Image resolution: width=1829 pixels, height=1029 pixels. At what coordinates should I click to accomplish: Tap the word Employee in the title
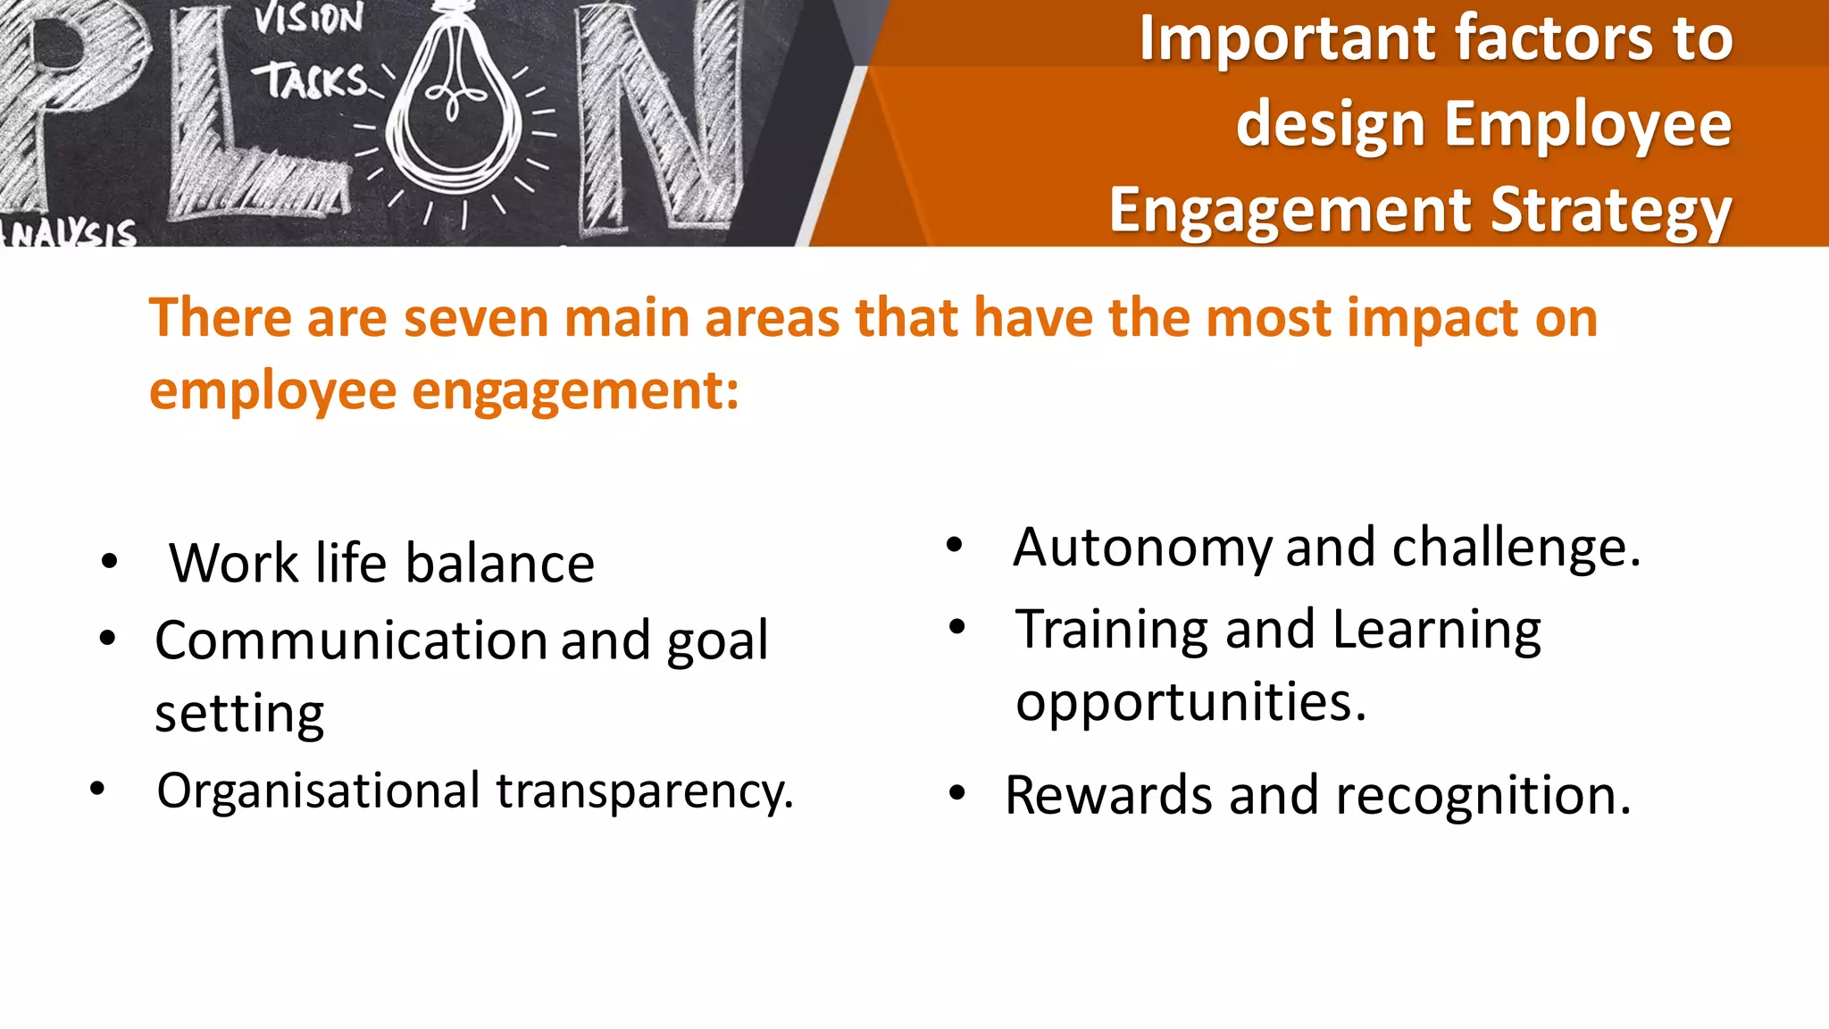1589,124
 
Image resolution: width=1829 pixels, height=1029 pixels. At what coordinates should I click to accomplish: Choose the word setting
239,715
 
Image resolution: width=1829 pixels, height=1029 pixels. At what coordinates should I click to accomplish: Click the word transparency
644,791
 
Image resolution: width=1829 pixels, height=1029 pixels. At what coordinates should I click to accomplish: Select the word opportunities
1190,703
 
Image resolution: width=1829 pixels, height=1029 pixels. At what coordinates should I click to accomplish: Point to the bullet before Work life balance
109,562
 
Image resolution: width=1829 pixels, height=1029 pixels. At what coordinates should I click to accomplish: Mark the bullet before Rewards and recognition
957,793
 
